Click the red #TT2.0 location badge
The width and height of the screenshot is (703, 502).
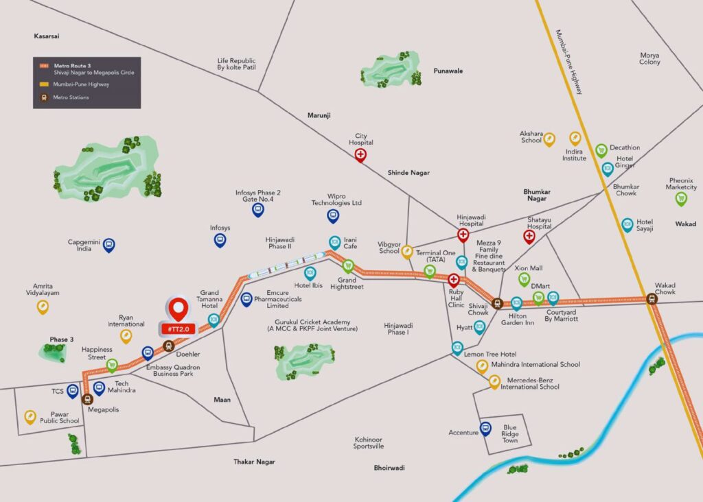(178, 328)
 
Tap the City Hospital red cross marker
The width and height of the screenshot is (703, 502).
(360, 156)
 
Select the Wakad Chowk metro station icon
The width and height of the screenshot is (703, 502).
(651, 298)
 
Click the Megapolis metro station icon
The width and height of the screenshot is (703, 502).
(87, 398)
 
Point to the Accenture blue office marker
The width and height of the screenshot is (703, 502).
(485, 428)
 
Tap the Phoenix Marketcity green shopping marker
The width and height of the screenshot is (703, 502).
(681, 199)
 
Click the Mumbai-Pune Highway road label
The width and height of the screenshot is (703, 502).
(569, 62)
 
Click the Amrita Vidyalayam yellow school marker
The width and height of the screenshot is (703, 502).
(43, 306)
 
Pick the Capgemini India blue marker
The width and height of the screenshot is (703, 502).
(108, 244)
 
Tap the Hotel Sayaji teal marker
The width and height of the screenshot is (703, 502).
(627, 224)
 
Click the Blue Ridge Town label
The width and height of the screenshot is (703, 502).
(509, 433)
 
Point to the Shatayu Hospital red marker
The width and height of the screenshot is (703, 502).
(529, 237)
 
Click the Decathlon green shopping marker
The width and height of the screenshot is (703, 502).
(601, 150)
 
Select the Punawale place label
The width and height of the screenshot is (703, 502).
(448, 71)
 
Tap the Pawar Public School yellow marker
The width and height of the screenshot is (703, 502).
(30, 416)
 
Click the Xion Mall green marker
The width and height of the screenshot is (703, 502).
(524, 278)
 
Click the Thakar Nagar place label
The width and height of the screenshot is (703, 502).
(254, 462)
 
